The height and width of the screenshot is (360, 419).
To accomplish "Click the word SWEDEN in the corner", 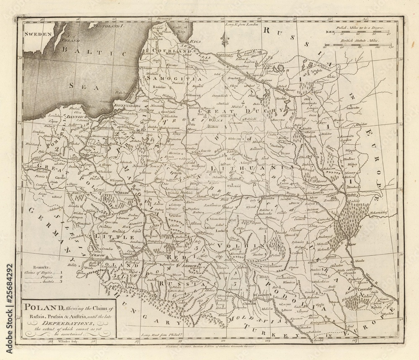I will coord(37,35).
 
